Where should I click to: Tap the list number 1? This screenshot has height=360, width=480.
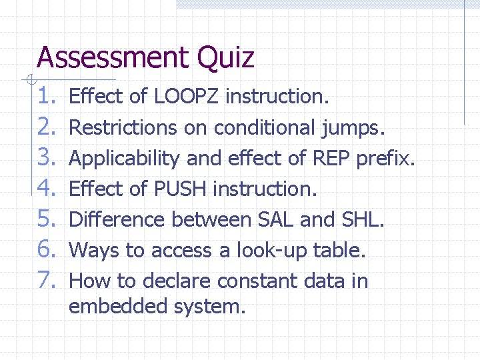[49, 97]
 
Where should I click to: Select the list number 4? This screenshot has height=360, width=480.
[49, 189]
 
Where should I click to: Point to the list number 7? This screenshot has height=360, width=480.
[49, 281]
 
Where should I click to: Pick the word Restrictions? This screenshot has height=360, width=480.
[123, 127]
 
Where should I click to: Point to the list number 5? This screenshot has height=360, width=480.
[49, 220]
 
